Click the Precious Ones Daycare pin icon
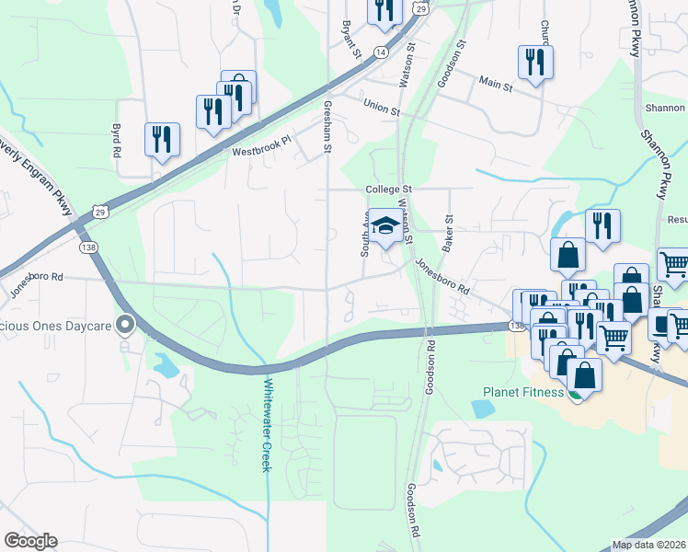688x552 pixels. pos(126,325)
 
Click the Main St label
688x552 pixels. pos(496,85)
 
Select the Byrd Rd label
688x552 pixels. pos(117,141)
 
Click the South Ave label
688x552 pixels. pos(365,236)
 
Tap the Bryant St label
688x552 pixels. pos(350,39)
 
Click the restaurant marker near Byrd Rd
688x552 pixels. pos(162,140)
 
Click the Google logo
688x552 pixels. pos(30,541)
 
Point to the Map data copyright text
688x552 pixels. pos(649,545)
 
